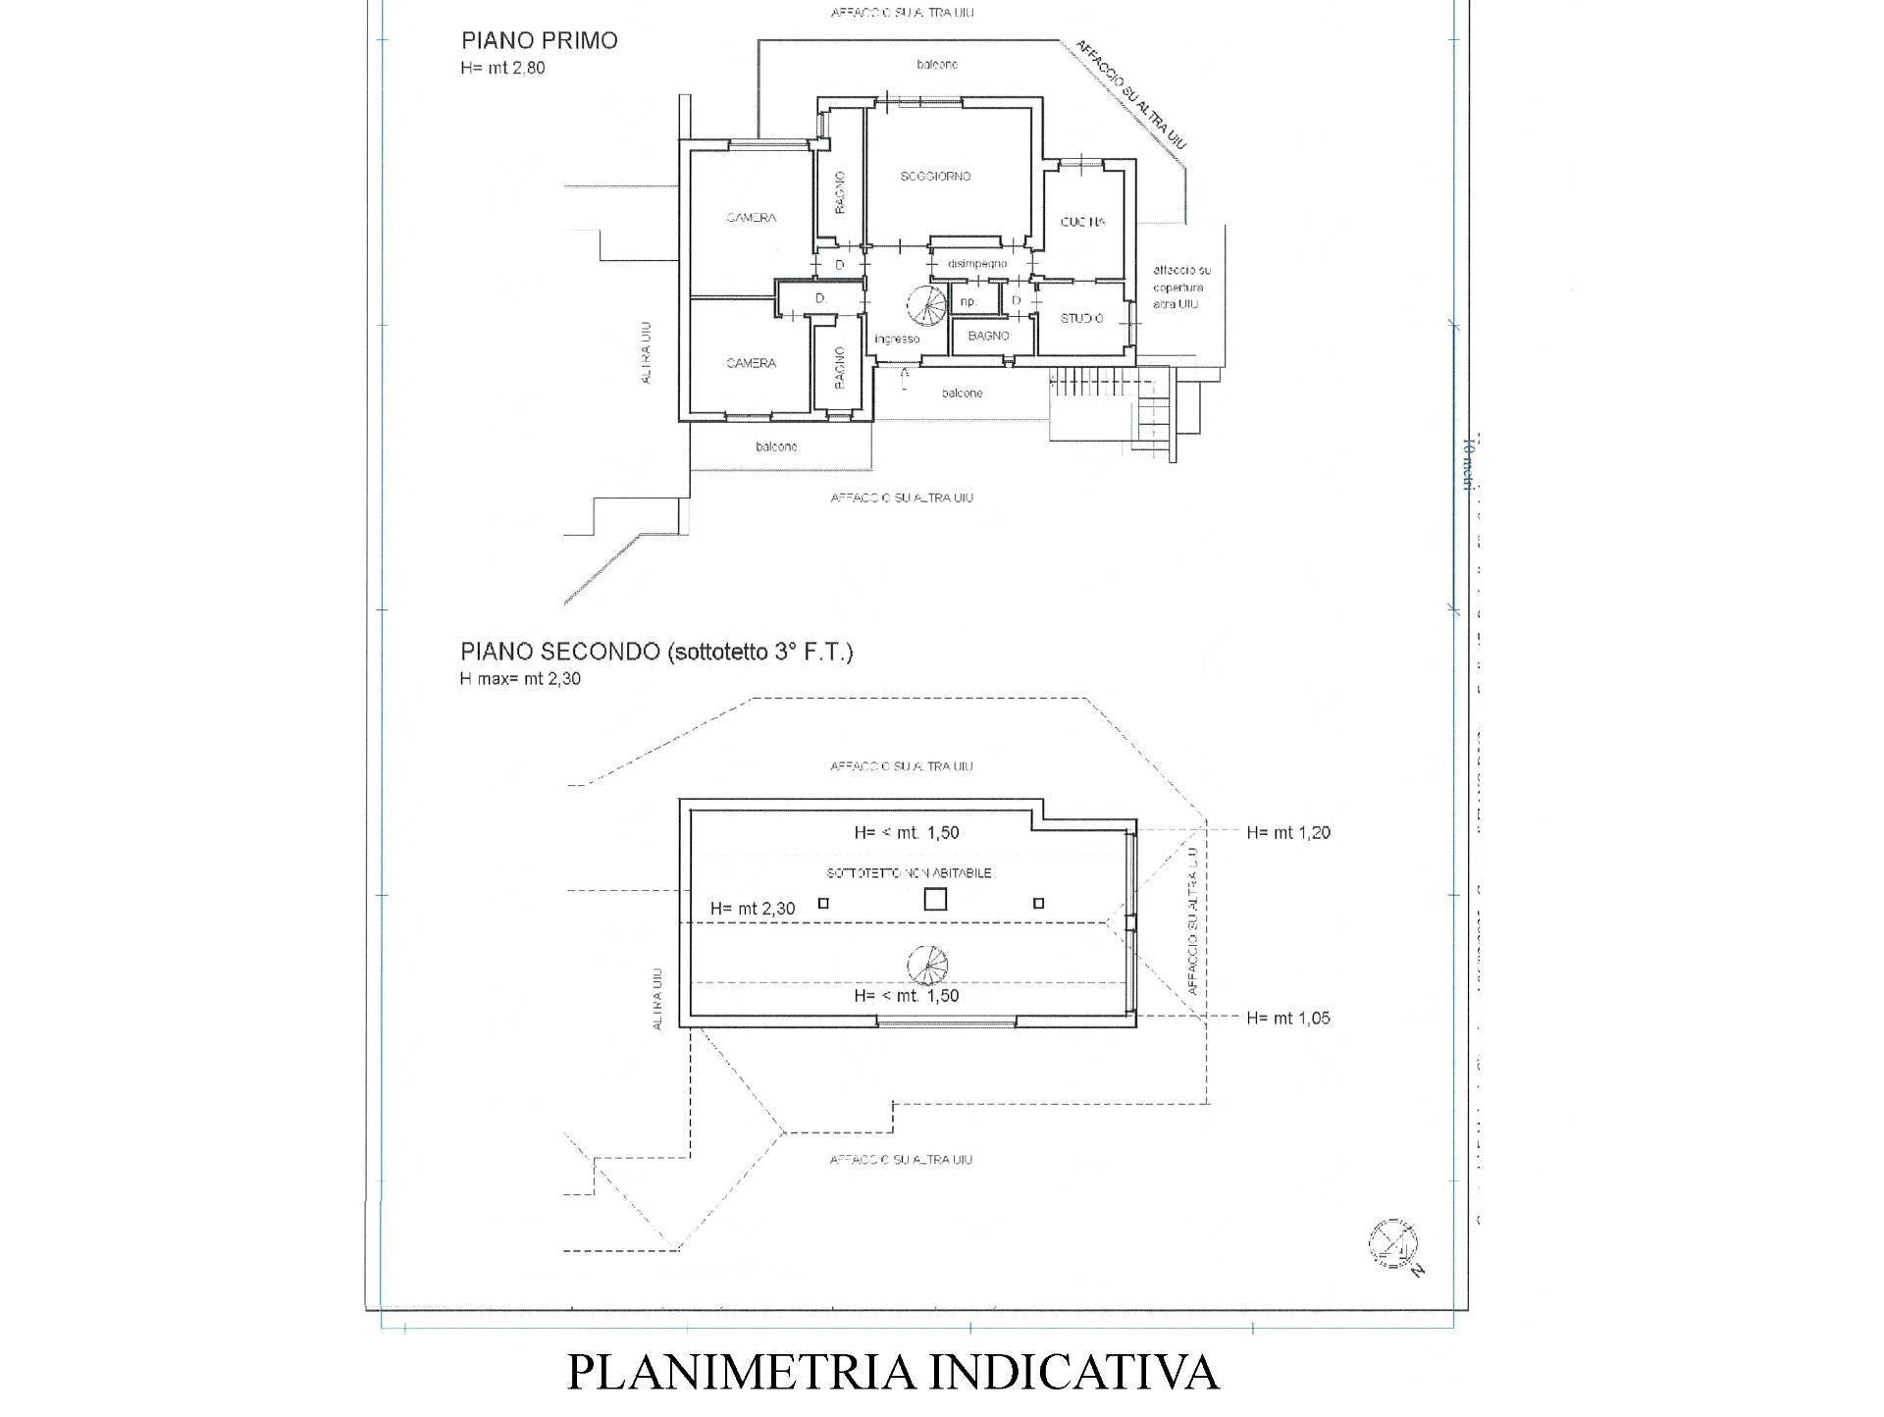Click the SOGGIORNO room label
point(935,177)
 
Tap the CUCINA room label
point(1082,223)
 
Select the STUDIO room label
point(1081,319)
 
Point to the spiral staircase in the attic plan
point(928,966)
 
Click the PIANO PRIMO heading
point(539,41)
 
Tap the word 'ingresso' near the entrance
point(897,340)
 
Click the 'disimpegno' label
point(976,264)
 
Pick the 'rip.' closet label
point(968,302)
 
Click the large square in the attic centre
point(935,899)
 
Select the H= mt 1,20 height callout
point(1287,833)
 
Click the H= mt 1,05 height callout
point(1287,1019)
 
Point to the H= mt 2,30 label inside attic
point(752,910)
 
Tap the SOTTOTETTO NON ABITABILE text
point(909,873)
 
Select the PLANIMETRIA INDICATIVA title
point(893,1372)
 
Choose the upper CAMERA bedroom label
point(751,218)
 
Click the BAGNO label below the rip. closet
point(988,337)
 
